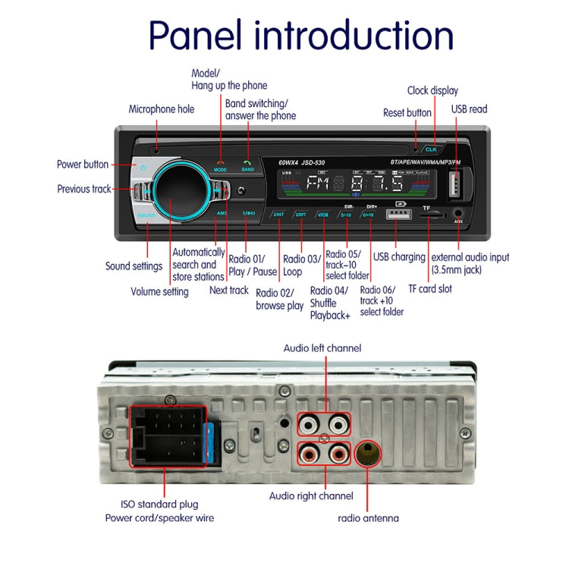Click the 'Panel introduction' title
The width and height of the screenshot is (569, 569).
click(300, 36)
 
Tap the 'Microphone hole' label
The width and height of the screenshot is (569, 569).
click(161, 109)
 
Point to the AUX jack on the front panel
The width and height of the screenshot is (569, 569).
click(457, 215)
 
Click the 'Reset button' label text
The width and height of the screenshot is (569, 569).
click(407, 113)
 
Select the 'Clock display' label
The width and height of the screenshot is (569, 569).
click(432, 90)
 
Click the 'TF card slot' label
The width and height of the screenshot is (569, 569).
click(430, 288)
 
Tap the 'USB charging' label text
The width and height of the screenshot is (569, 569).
click(399, 257)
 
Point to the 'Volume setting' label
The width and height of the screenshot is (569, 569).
click(159, 291)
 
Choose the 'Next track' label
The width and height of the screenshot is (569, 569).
click(228, 290)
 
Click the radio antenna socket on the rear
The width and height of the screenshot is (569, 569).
click(368, 455)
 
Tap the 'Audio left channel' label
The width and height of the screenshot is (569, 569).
click(322, 348)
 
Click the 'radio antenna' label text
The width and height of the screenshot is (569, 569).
click(368, 519)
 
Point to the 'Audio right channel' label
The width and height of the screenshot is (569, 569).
click(311, 495)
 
